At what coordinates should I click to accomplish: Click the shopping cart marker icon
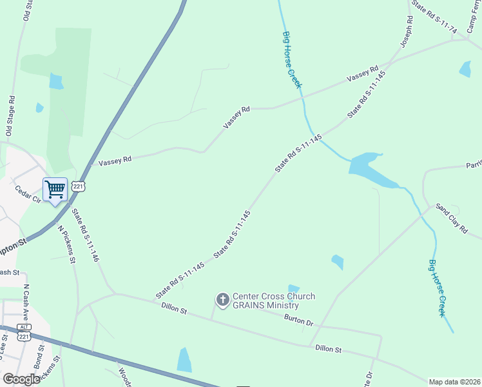55,190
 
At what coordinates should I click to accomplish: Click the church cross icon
222,299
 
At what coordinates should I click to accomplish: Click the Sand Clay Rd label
451,217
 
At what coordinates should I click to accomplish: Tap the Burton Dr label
298,319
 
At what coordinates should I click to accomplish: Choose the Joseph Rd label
405,33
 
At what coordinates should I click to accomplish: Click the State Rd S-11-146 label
85,235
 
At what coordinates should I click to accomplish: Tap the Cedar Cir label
28,195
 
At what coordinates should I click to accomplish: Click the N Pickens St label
66,244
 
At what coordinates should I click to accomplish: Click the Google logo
21,379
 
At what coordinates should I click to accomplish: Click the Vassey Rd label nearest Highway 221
115,159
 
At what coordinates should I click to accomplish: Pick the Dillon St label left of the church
174,310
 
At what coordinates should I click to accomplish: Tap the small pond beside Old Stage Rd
40,108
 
